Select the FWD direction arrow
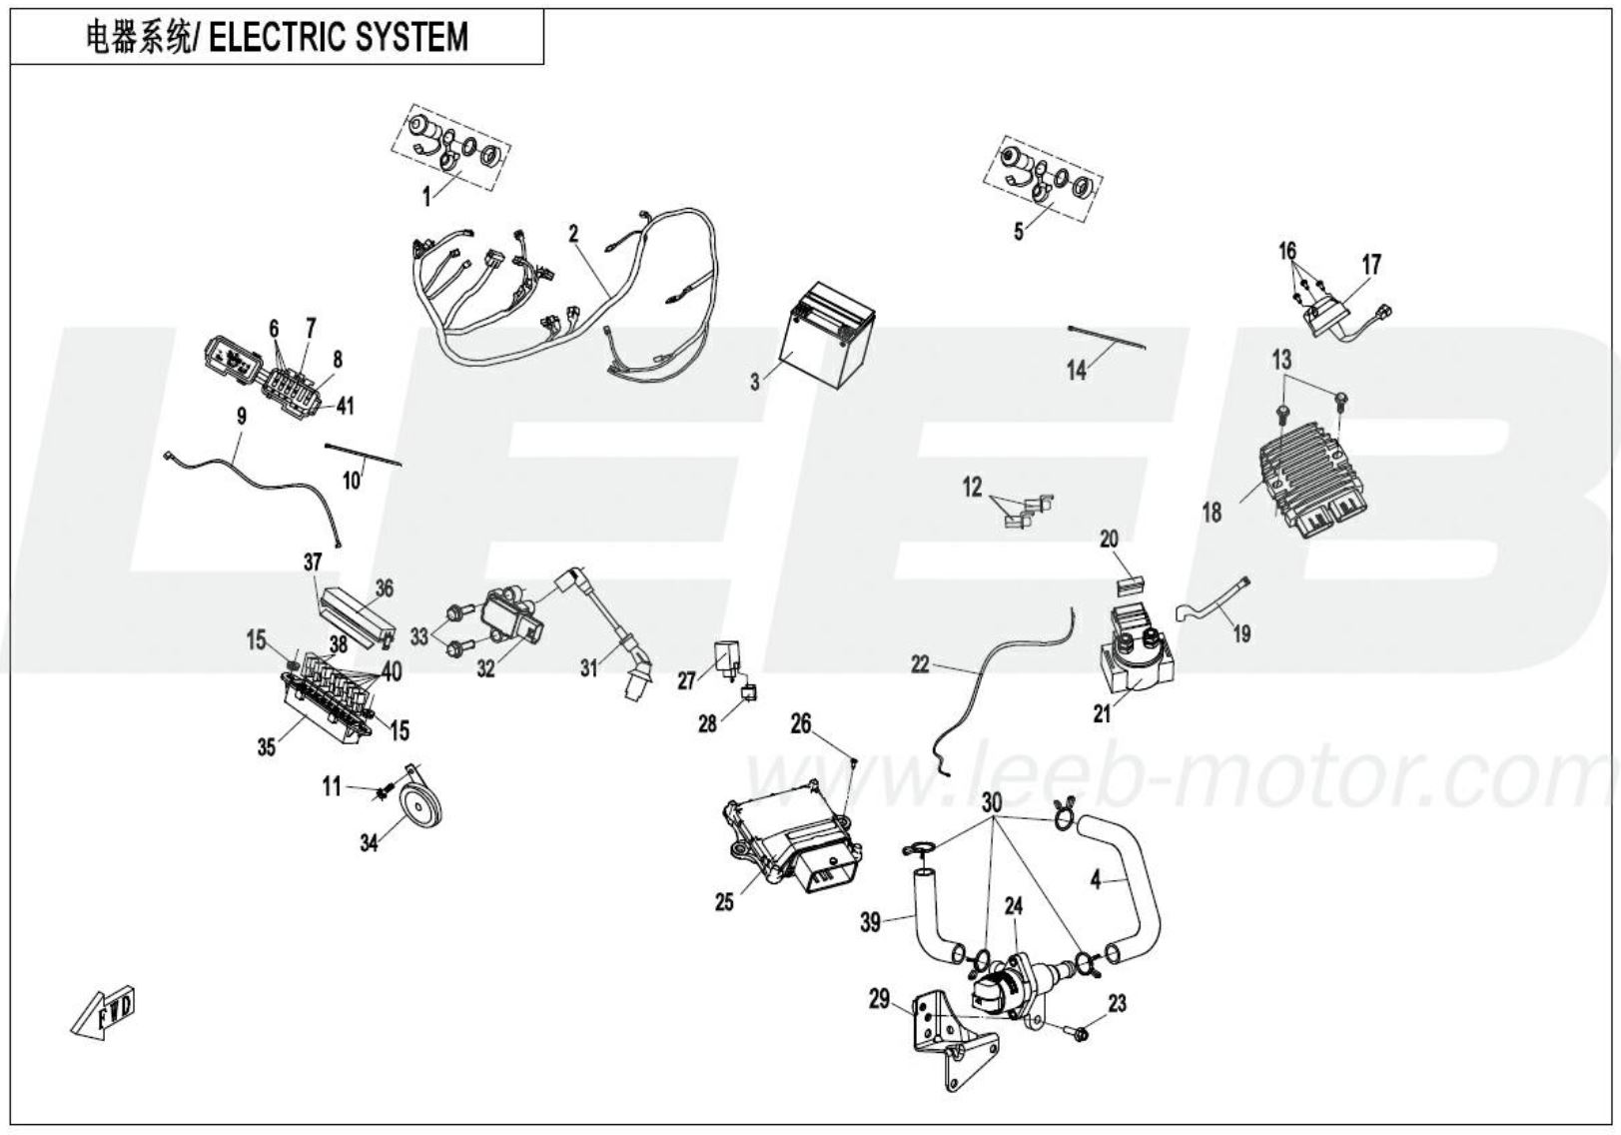pyautogui.click(x=103, y=1012)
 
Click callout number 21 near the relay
pyautogui.click(x=1102, y=715)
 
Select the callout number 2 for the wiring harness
pyautogui.click(x=573, y=235)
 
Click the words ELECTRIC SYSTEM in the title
pyautogui.click(x=340, y=38)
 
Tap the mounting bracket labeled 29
pyautogui.click(x=944, y=1039)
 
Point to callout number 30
pyautogui.click(x=992, y=801)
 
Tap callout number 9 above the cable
pyautogui.click(x=241, y=417)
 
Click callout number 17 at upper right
pyautogui.click(x=1371, y=265)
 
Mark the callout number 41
pyautogui.click(x=345, y=407)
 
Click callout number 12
pyautogui.click(x=972, y=489)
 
